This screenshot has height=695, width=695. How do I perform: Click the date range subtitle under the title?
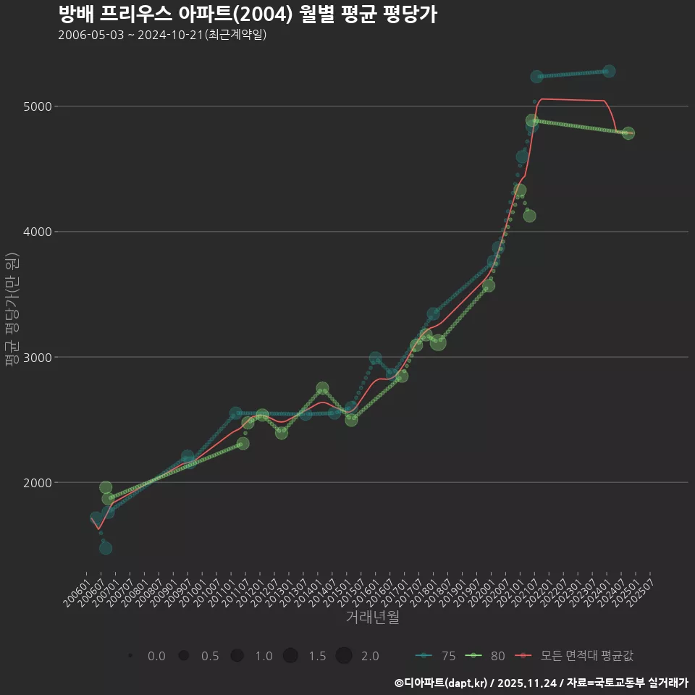(162, 35)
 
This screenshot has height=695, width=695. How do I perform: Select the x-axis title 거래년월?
(372, 617)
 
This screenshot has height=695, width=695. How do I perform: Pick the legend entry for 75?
(435, 656)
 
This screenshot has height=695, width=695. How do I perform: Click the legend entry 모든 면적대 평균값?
(576, 656)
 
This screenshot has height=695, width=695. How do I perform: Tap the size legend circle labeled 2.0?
(344, 656)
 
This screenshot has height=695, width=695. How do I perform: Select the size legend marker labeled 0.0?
(130, 656)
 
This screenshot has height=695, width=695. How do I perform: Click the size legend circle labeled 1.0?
(237, 656)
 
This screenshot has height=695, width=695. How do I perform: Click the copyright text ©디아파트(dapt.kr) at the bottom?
(442, 682)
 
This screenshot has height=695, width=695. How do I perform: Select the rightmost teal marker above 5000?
(609, 71)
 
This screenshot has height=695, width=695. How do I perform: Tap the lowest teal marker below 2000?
(106, 548)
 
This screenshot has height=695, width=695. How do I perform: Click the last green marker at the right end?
(628, 133)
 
